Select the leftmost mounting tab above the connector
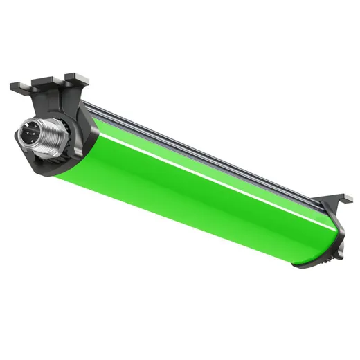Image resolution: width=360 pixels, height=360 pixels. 19,87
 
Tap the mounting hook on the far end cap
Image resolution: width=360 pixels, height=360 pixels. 338,201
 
